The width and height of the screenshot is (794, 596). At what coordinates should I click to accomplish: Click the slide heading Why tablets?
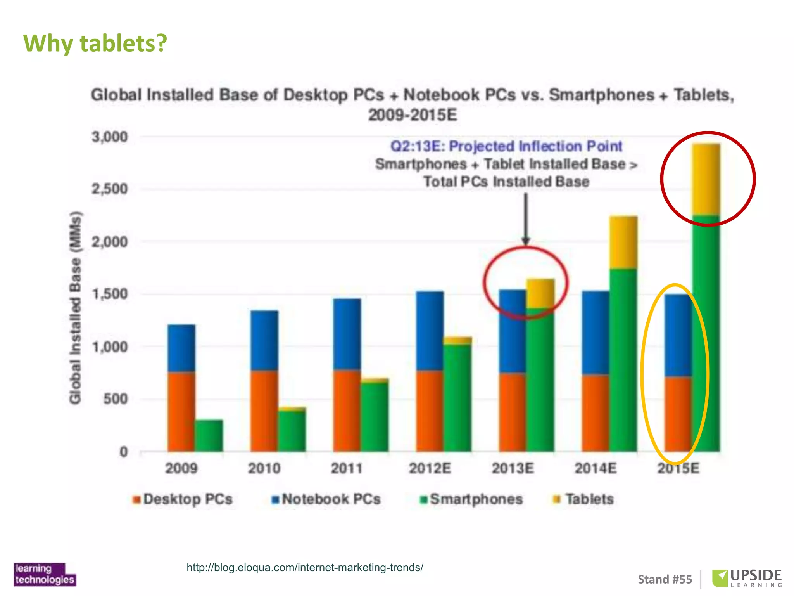coord(95,43)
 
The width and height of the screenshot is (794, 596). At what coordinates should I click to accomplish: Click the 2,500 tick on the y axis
coord(109,189)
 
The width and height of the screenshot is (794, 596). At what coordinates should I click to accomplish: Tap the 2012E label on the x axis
coord(430,469)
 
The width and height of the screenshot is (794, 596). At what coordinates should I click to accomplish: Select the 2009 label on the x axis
coord(181,469)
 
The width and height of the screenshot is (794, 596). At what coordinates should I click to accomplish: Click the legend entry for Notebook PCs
coord(326,499)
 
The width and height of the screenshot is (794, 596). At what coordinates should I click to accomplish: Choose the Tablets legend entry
coord(584,499)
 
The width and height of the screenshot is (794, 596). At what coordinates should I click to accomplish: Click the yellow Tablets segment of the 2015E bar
coord(706,179)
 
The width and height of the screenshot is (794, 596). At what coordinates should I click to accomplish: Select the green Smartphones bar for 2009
coord(209,435)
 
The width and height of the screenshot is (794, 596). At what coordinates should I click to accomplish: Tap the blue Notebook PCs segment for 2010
coord(264,341)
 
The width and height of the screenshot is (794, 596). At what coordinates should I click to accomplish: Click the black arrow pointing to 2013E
coord(526,219)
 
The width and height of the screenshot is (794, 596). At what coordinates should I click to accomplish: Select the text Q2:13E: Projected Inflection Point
coord(506,146)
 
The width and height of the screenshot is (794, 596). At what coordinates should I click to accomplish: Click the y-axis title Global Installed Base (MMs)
coord(75,307)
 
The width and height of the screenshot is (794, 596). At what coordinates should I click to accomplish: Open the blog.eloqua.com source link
coord(305,568)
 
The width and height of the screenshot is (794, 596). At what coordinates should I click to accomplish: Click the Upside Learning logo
coord(747,578)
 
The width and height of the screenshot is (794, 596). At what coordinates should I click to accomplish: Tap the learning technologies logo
coord(45,574)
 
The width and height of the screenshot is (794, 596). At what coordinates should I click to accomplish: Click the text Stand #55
coord(665,579)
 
